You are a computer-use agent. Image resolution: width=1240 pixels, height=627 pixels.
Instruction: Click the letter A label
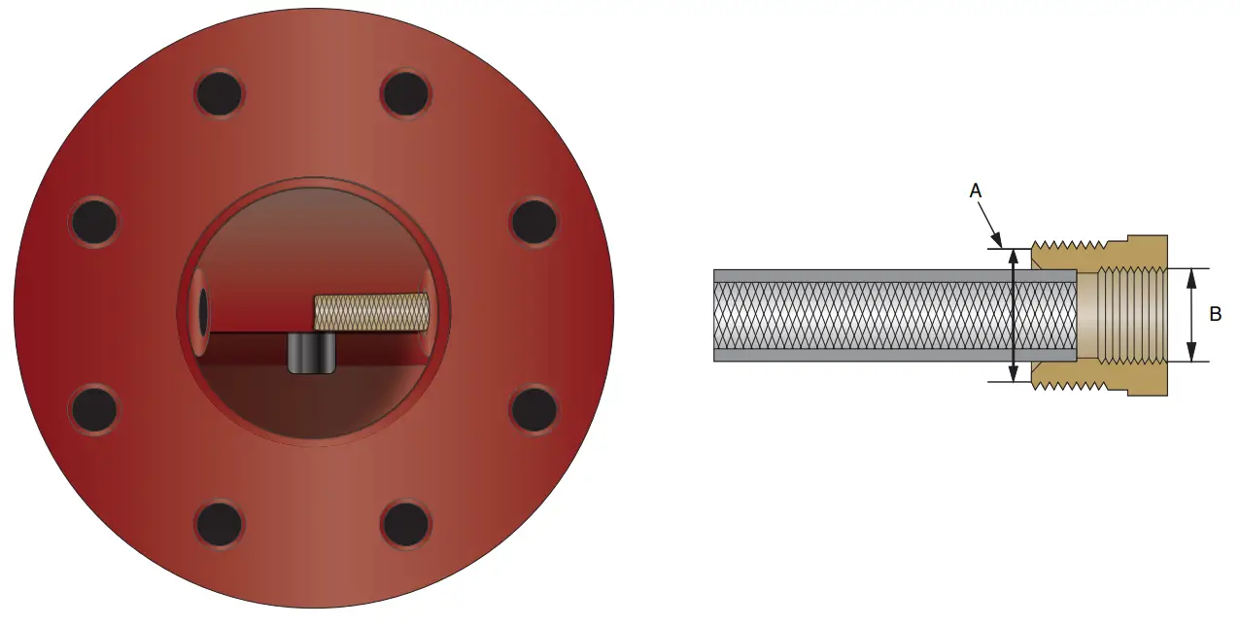[x=977, y=192]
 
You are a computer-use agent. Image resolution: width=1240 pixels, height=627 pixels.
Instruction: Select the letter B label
[x=1215, y=314]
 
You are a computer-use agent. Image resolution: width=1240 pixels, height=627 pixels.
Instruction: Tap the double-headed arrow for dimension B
[x=1191, y=314]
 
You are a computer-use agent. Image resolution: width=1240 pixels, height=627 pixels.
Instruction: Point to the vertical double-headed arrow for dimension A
[x=1014, y=314]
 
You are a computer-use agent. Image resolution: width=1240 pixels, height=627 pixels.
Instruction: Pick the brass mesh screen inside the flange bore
[x=370, y=310]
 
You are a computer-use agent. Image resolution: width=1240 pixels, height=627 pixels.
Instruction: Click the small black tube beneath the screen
[x=312, y=352]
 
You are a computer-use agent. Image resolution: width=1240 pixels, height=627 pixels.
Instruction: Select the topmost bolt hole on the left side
[x=219, y=94]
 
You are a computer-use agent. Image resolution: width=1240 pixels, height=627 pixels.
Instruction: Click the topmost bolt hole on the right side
[x=405, y=94]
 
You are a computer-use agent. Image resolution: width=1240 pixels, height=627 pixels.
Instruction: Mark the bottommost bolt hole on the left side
[x=219, y=524]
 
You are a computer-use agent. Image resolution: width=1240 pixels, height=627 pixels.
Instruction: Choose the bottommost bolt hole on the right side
[x=405, y=524]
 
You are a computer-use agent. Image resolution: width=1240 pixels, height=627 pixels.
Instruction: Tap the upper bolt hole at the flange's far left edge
[x=95, y=222]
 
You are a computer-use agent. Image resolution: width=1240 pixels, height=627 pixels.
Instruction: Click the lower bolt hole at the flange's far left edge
[x=95, y=408]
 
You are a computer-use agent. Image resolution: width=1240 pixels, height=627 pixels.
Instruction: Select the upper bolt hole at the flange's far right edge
[x=534, y=222]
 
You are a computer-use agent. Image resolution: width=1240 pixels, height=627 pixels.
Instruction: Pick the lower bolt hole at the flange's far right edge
[x=534, y=408]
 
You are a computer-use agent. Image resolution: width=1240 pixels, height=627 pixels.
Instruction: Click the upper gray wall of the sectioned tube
[x=875, y=276]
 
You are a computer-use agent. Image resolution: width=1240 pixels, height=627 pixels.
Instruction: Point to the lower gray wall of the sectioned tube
[x=875, y=355]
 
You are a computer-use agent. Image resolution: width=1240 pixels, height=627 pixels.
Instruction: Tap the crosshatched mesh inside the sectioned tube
[x=875, y=316]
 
